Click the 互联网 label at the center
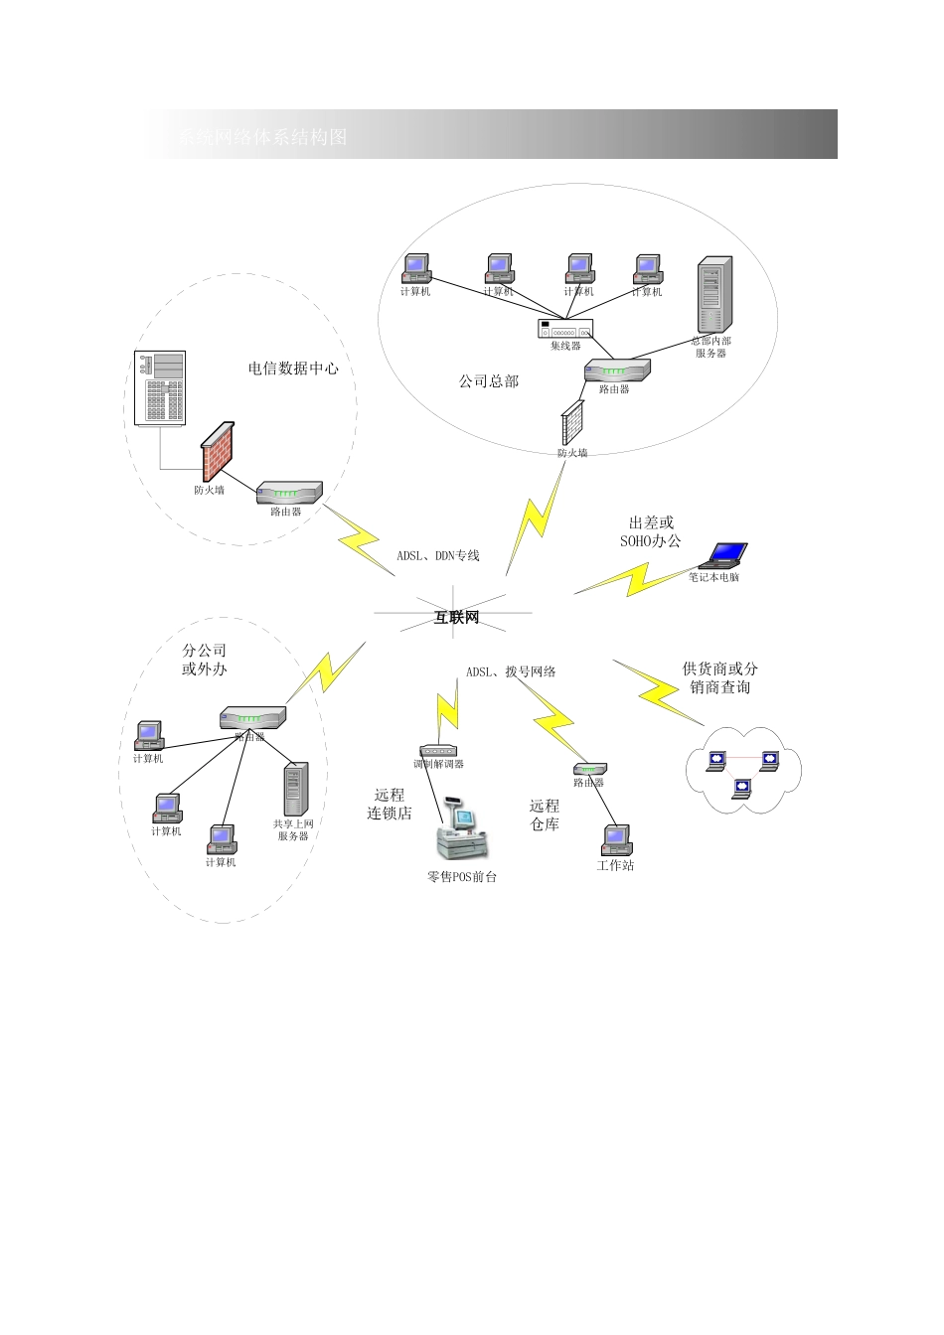tap(456, 618)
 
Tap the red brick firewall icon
tap(218, 453)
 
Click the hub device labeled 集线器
tap(564, 329)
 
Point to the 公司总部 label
tap(488, 381)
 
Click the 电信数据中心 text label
tap(293, 369)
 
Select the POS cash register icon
tap(463, 834)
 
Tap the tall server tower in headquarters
tap(713, 295)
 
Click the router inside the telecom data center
tap(289, 493)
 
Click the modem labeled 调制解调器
tap(438, 751)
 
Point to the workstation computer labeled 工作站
tap(616, 840)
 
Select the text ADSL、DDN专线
tap(438, 555)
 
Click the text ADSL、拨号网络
tap(511, 672)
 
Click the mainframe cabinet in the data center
tap(160, 388)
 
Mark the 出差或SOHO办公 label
tap(651, 531)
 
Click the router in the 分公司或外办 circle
tap(252, 716)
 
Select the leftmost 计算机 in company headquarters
tap(415, 268)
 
